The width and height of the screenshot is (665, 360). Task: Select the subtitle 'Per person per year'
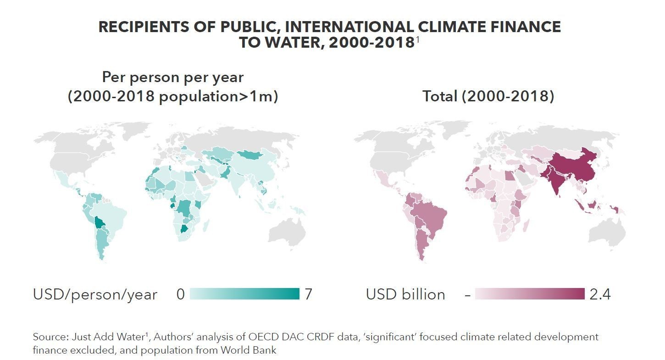click(172, 77)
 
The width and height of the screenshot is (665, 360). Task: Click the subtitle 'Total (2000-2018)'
click(488, 96)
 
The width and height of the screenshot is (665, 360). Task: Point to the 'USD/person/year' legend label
click(95, 294)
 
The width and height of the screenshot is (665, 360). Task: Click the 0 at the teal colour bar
click(181, 294)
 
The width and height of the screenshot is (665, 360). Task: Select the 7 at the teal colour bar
click(308, 294)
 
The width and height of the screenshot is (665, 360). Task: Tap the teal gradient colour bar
click(244, 294)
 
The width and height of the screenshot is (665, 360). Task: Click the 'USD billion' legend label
click(405, 294)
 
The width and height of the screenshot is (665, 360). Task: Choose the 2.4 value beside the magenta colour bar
click(600, 294)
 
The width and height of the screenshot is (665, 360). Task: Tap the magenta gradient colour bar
click(530, 294)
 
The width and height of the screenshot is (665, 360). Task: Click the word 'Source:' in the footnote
click(50, 337)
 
